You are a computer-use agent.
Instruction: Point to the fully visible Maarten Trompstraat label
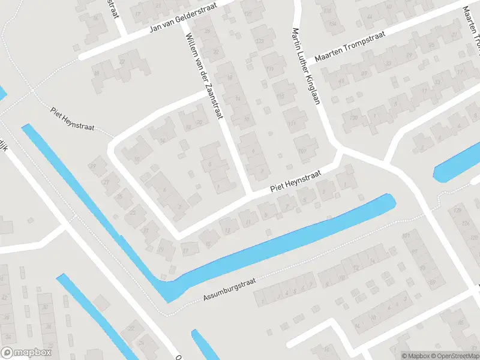point(351,43)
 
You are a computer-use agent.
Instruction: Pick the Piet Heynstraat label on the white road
point(295,181)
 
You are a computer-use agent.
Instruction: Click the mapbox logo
point(26,352)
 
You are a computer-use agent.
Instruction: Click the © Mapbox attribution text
point(415,356)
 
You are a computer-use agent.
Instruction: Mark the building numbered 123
point(260,40)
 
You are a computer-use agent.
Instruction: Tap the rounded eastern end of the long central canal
point(390,202)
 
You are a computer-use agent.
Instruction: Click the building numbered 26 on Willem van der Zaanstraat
point(208,31)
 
